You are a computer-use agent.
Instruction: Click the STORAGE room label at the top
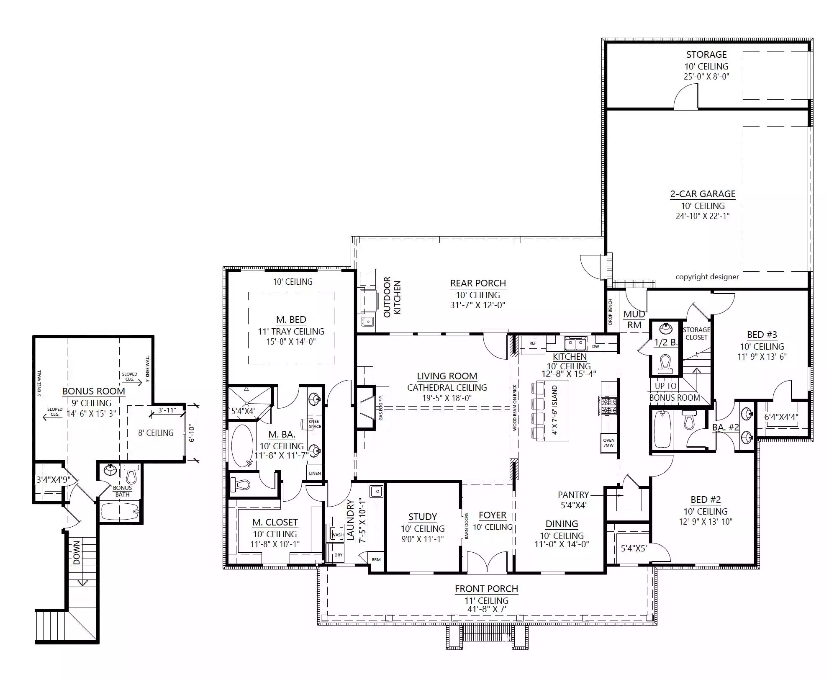pyautogui.click(x=706, y=54)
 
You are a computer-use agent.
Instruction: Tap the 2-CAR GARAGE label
pyautogui.click(x=703, y=194)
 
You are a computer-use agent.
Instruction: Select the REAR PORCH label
pyautogui.click(x=478, y=283)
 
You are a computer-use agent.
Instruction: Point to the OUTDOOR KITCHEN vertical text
pyautogui.click(x=392, y=297)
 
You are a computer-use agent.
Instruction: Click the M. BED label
pyautogui.click(x=291, y=319)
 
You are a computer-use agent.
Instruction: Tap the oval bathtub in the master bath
pyautogui.click(x=242, y=446)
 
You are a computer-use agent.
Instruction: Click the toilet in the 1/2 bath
pyautogui.click(x=665, y=363)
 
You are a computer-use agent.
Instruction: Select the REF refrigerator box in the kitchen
pyautogui.click(x=533, y=343)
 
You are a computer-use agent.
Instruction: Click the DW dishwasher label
pyautogui.click(x=595, y=347)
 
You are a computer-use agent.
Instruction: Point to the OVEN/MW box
pyautogui.click(x=609, y=443)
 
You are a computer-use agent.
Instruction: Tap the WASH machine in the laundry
pyautogui.click(x=337, y=535)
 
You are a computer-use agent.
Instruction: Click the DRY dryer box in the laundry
pyautogui.click(x=338, y=555)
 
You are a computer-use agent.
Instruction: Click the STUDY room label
pyautogui.click(x=423, y=517)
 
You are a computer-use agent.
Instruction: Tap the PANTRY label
pyautogui.click(x=573, y=495)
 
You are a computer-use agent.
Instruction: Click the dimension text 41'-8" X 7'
pyautogui.click(x=487, y=609)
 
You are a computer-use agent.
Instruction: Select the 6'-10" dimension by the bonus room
pyautogui.click(x=192, y=433)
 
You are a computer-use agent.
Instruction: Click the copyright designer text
pyautogui.click(x=707, y=277)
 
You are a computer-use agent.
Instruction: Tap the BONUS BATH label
pyautogui.click(x=122, y=491)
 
